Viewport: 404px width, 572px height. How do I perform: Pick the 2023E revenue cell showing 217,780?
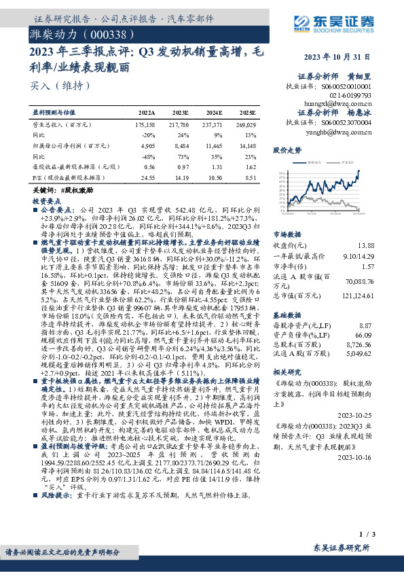click(179, 125)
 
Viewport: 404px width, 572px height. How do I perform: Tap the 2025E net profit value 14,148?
click(246, 145)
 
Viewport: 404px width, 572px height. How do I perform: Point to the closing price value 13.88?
click(384, 245)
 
